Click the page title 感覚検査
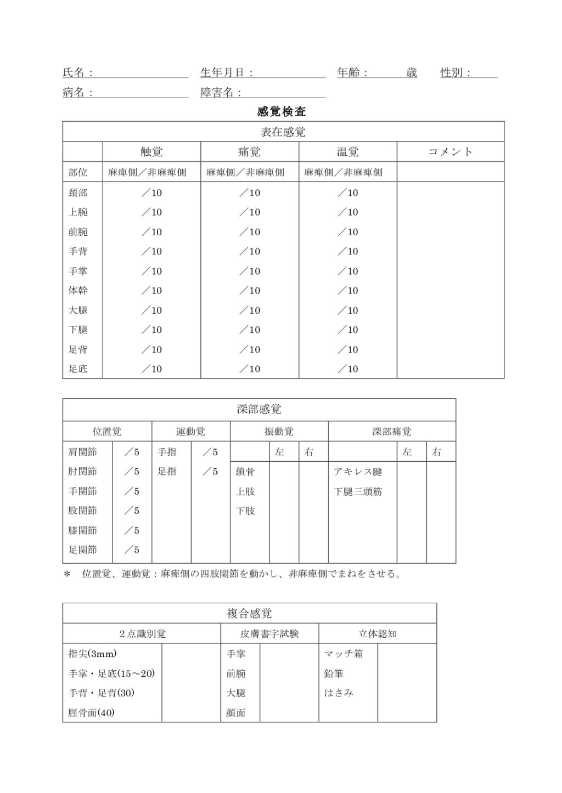281,112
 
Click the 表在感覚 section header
283,132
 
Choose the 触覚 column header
151,152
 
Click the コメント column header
450,152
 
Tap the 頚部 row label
78,193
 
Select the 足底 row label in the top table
78,369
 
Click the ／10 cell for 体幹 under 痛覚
250,291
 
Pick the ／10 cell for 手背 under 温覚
348,252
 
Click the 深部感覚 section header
259,410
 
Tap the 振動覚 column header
279,432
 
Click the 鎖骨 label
245,472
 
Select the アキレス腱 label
358,472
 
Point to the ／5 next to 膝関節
132,530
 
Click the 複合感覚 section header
249,614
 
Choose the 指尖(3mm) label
93,654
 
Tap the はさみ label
339,693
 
